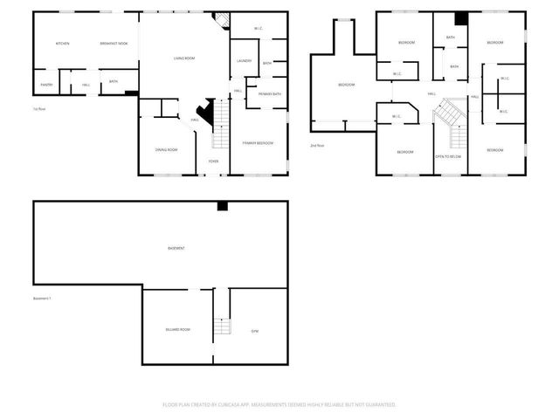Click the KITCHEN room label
click(63, 44)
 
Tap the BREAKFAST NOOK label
click(114, 44)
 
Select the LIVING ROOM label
click(183, 58)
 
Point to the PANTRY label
click(45, 85)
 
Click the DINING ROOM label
click(167, 150)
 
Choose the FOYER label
click(214, 161)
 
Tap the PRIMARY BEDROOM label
click(259, 141)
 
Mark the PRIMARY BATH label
click(270, 94)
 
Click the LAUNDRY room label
click(244, 61)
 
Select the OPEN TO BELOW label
click(448, 156)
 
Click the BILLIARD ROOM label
click(178, 329)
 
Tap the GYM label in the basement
click(255, 331)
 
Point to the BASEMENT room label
click(176, 249)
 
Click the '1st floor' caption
click(39, 109)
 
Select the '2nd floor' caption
click(316, 146)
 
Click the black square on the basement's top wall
click(223, 206)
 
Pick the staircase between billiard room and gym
click(223, 326)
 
